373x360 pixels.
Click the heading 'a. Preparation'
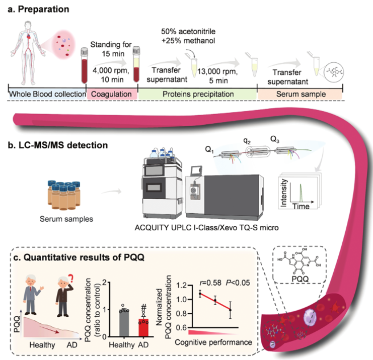click(36, 9)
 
